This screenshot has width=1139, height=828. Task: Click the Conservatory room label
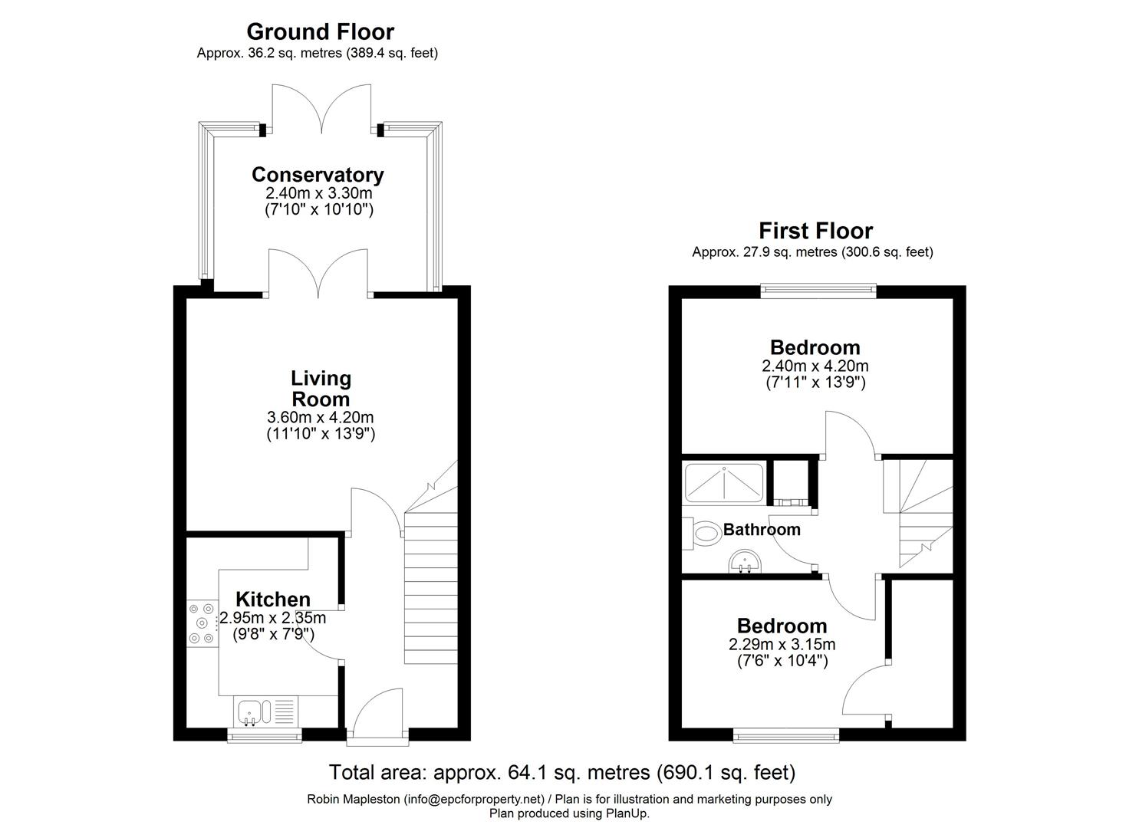[x=317, y=175]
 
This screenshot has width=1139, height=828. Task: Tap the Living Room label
[x=321, y=389]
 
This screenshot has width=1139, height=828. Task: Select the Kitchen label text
[x=272, y=600]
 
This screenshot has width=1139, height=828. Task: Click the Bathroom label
[x=762, y=530]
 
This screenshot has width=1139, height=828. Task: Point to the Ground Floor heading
[x=320, y=31]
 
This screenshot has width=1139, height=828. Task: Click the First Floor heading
[x=815, y=231]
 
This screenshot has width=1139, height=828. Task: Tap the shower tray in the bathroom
[x=723, y=483]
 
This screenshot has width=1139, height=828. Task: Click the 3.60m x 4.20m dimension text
[x=320, y=418]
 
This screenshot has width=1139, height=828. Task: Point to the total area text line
[x=562, y=771]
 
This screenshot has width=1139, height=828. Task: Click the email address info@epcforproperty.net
[x=473, y=800]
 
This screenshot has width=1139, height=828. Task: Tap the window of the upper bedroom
[x=818, y=290]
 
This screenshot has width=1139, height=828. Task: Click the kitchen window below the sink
[x=265, y=737]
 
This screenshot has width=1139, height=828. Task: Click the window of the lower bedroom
[x=785, y=737]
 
